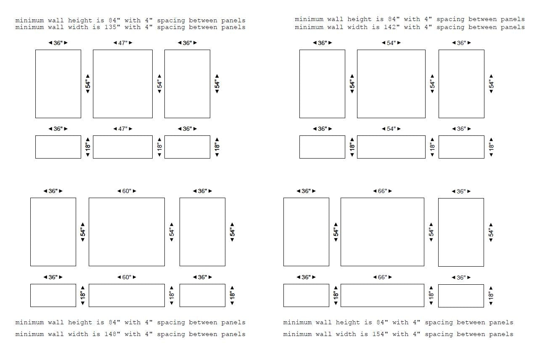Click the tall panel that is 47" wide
(122, 84)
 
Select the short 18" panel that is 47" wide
(122, 147)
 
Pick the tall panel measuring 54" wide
(391, 84)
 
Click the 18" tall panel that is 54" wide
(391, 147)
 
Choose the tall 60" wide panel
(127, 232)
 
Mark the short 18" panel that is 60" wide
(127, 295)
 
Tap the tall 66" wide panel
(382, 232)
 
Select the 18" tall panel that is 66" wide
(382, 295)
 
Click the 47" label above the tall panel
(123, 43)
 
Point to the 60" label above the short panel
(127, 278)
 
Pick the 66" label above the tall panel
(382, 191)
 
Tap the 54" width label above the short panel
(392, 129)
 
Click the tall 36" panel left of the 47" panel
(58, 84)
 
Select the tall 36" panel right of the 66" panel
(461, 232)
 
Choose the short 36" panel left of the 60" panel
(53, 295)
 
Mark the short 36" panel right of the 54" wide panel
(461, 147)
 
